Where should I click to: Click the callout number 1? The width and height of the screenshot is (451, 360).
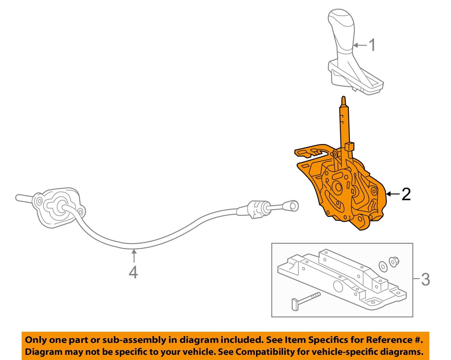pos(372,45)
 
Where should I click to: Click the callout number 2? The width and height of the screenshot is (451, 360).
pos(406,194)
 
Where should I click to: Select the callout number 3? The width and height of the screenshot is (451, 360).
pos(425,279)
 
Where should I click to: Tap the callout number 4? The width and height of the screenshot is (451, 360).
pos(133,272)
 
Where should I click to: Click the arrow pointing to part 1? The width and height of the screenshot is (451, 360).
pos(360,45)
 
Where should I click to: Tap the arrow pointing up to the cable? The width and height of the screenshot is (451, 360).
pos(133,257)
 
